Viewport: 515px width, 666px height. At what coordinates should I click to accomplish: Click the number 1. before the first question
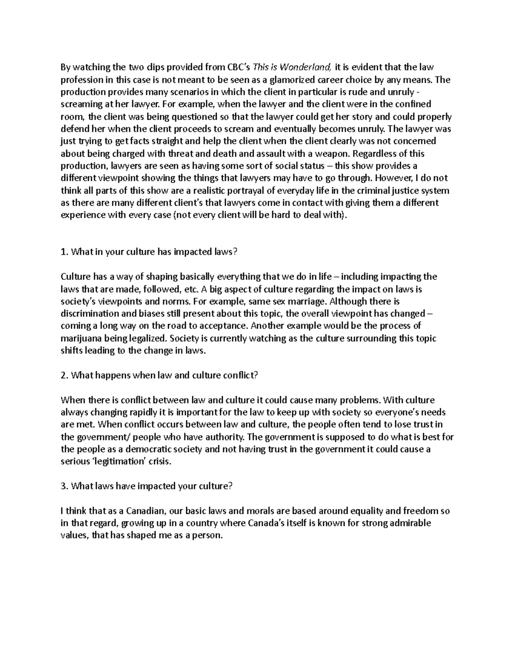pyautogui.click(x=64, y=252)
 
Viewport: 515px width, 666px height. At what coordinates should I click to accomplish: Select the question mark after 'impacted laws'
pyautogui.click(x=235, y=252)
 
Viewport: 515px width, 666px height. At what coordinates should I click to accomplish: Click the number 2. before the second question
pyautogui.click(x=64, y=375)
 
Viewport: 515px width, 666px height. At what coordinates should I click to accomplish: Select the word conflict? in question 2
pyautogui.click(x=241, y=375)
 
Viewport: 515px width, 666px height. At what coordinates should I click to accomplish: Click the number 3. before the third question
pyautogui.click(x=64, y=486)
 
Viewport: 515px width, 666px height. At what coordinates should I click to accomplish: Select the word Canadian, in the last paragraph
pyautogui.click(x=146, y=511)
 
